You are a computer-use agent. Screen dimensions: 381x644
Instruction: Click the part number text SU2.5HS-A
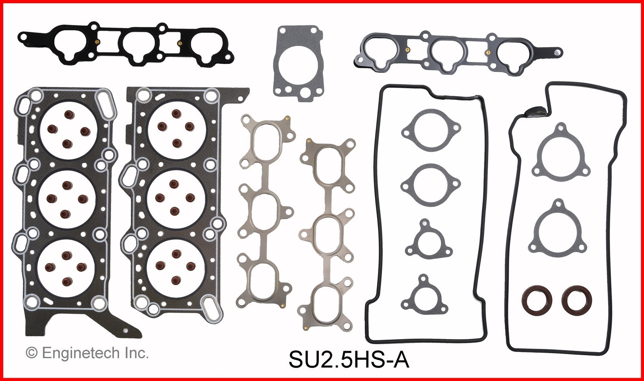point(349,359)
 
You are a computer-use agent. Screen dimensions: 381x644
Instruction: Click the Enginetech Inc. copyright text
point(87,353)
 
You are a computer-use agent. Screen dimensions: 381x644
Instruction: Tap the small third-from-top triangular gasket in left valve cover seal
point(426,238)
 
